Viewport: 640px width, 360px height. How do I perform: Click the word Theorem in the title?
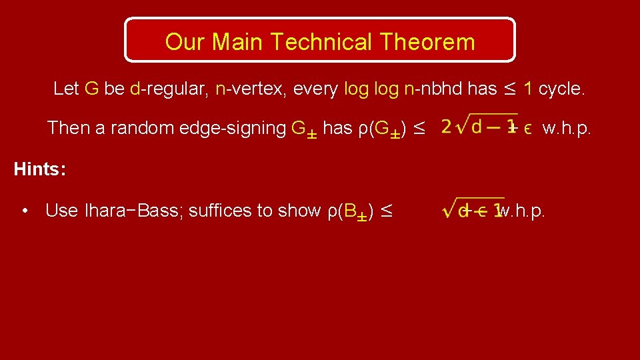[428, 42]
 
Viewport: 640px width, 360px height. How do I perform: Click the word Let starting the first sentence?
[66, 89]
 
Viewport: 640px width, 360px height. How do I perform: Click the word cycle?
[561, 89]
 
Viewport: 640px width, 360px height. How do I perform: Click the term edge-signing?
[229, 128]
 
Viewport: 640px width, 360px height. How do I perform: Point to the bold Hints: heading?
[39, 169]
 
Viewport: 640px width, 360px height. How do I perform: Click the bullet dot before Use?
[24, 211]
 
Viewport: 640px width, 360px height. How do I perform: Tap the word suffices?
[217, 211]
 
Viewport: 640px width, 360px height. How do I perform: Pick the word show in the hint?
[300, 211]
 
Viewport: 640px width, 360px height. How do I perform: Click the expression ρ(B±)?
[353, 211]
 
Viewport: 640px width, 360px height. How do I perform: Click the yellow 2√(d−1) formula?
[479, 127]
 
